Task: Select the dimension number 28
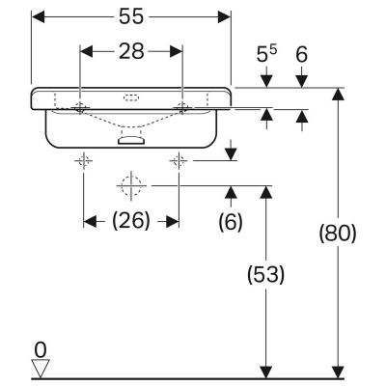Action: click(130, 52)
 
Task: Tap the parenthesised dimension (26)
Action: click(130, 220)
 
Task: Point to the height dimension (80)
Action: click(337, 233)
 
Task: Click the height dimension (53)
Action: click(264, 274)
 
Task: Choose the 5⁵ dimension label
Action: click(269, 57)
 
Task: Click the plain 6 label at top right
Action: click(302, 57)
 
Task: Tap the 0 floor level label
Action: click(40, 347)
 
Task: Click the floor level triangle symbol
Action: click(40, 368)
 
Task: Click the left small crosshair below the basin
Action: click(85, 158)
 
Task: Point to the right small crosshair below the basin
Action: click(179, 158)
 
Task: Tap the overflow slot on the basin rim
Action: click(131, 97)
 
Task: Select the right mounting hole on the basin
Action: click(180, 104)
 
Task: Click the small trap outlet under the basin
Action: click(129, 140)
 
